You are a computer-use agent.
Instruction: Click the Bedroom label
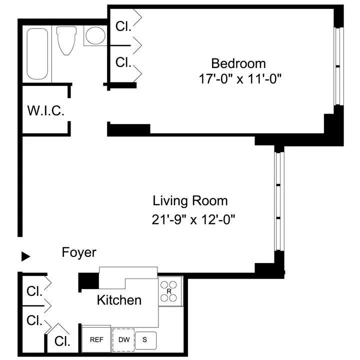click(238, 63)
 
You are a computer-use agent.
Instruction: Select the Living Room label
click(190, 201)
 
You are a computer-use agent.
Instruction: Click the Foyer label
click(79, 252)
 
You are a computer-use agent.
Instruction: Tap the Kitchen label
click(118, 300)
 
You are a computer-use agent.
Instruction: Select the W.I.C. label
click(45, 111)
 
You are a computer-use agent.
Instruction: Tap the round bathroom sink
click(94, 36)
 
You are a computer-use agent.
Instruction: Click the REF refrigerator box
click(96, 339)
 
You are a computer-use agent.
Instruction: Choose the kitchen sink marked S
click(145, 339)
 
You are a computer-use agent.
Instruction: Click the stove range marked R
click(169, 291)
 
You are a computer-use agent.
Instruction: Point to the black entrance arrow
click(25, 256)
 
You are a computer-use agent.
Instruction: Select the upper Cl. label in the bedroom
click(123, 26)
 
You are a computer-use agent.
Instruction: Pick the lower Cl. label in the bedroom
click(123, 62)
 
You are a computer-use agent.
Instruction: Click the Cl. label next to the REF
click(62, 341)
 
